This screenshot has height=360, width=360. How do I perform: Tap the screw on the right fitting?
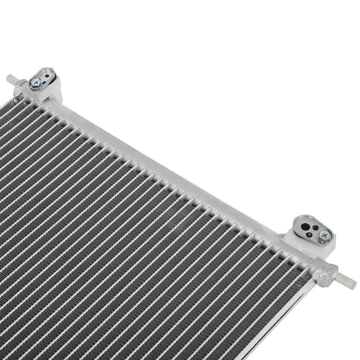324,235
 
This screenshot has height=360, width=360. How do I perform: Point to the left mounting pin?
11,79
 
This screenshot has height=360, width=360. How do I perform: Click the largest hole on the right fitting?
306,226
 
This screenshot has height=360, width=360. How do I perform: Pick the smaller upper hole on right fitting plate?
316,227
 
